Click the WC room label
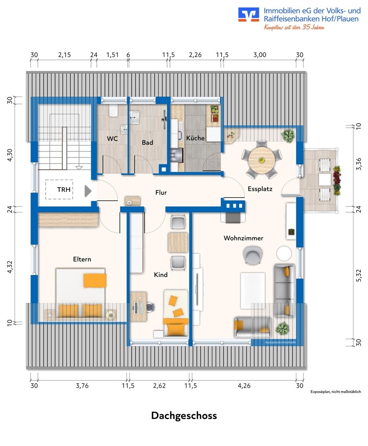(112, 139)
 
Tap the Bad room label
(147, 142)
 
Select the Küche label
(195, 138)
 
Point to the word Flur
(161, 193)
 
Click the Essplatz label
(260, 189)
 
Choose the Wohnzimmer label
(243, 238)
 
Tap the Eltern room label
(82, 259)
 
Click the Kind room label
(161, 275)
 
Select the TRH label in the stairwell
(64, 190)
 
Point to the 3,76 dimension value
(82, 386)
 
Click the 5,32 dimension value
(359, 275)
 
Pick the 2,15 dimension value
(64, 55)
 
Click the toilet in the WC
(113, 110)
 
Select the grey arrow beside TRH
(88, 191)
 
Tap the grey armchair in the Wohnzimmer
(253, 255)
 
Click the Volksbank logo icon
(249, 14)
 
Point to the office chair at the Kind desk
(151, 307)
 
